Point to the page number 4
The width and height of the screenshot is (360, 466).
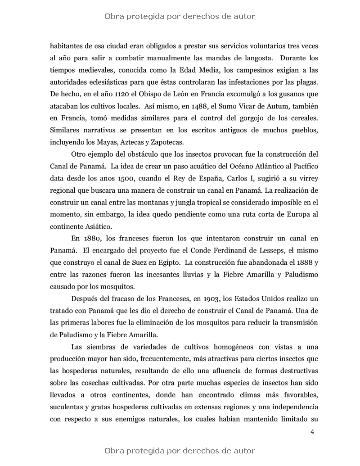pos(312,432)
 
